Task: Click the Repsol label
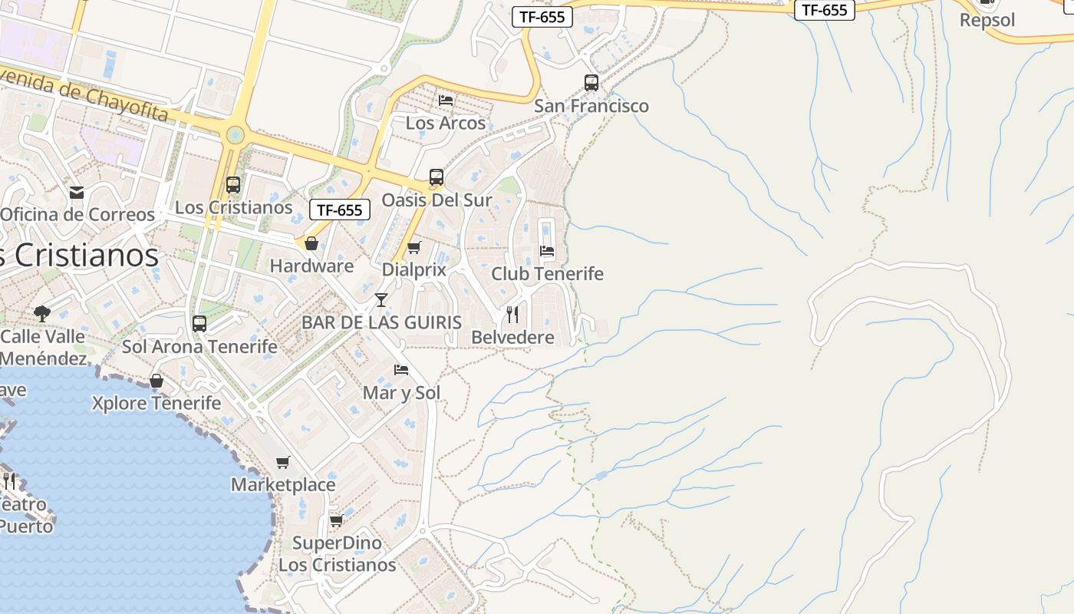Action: click(x=987, y=20)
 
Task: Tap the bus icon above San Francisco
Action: click(x=591, y=82)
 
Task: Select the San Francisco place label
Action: click(x=591, y=106)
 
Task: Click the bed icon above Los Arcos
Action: click(x=446, y=100)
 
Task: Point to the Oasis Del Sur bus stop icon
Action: click(x=437, y=177)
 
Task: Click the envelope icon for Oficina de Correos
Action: click(x=77, y=192)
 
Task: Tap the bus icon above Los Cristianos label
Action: click(x=232, y=185)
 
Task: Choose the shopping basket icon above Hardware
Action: click(x=311, y=244)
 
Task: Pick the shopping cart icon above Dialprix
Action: click(x=414, y=247)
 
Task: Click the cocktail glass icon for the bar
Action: click(x=381, y=299)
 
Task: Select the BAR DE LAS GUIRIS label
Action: click(x=381, y=322)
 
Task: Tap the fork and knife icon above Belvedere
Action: click(x=512, y=314)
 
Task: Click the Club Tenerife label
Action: click(x=547, y=274)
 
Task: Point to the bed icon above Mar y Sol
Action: click(x=400, y=370)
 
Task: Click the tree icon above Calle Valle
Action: click(x=42, y=313)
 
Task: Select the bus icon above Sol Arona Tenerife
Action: click(x=199, y=324)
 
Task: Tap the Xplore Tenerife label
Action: click(x=156, y=404)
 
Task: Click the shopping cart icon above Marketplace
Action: click(x=283, y=462)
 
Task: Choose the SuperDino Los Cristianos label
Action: click(x=337, y=554)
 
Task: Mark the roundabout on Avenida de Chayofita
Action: click(x=236, y=135)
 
